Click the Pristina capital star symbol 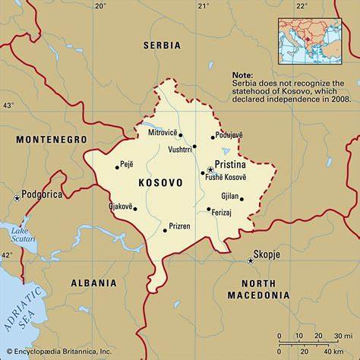click(x=210, y=169)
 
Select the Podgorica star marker click(x=17, y=197)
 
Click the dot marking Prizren click(x=165, y=230)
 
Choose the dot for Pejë click(x=118, y=166)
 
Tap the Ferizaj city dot click(x=208, y=209)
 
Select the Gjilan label click(x=229, y=195)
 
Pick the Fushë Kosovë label click(x=226, y=177)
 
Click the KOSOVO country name click(x=160, y=183)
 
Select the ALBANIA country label click(x=93, y=283)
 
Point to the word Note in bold click(x=242, y=75)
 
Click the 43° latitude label click(x=8, y=105)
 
